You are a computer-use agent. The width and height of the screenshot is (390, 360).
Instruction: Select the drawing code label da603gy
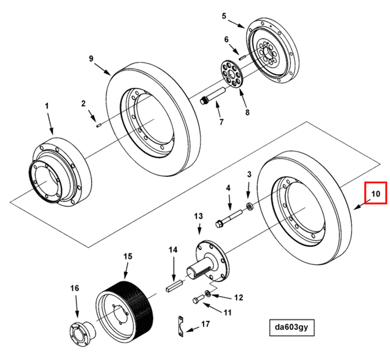pos(290,327)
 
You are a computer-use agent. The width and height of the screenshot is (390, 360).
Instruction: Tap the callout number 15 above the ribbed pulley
pos(127,255)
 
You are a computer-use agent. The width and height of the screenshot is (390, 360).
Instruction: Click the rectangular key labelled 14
pos(174,285)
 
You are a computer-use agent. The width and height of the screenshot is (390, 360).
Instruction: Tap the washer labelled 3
pos(249,206)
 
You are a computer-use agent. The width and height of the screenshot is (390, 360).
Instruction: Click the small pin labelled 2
pos(99,123)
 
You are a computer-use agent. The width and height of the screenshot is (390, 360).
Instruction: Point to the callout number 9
pos(91,59)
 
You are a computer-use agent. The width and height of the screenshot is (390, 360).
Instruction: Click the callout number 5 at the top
pos(224,16)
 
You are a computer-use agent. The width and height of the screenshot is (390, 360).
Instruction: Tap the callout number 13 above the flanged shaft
pos(199,216)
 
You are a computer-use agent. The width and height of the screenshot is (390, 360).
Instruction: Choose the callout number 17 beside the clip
pos(205,325)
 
